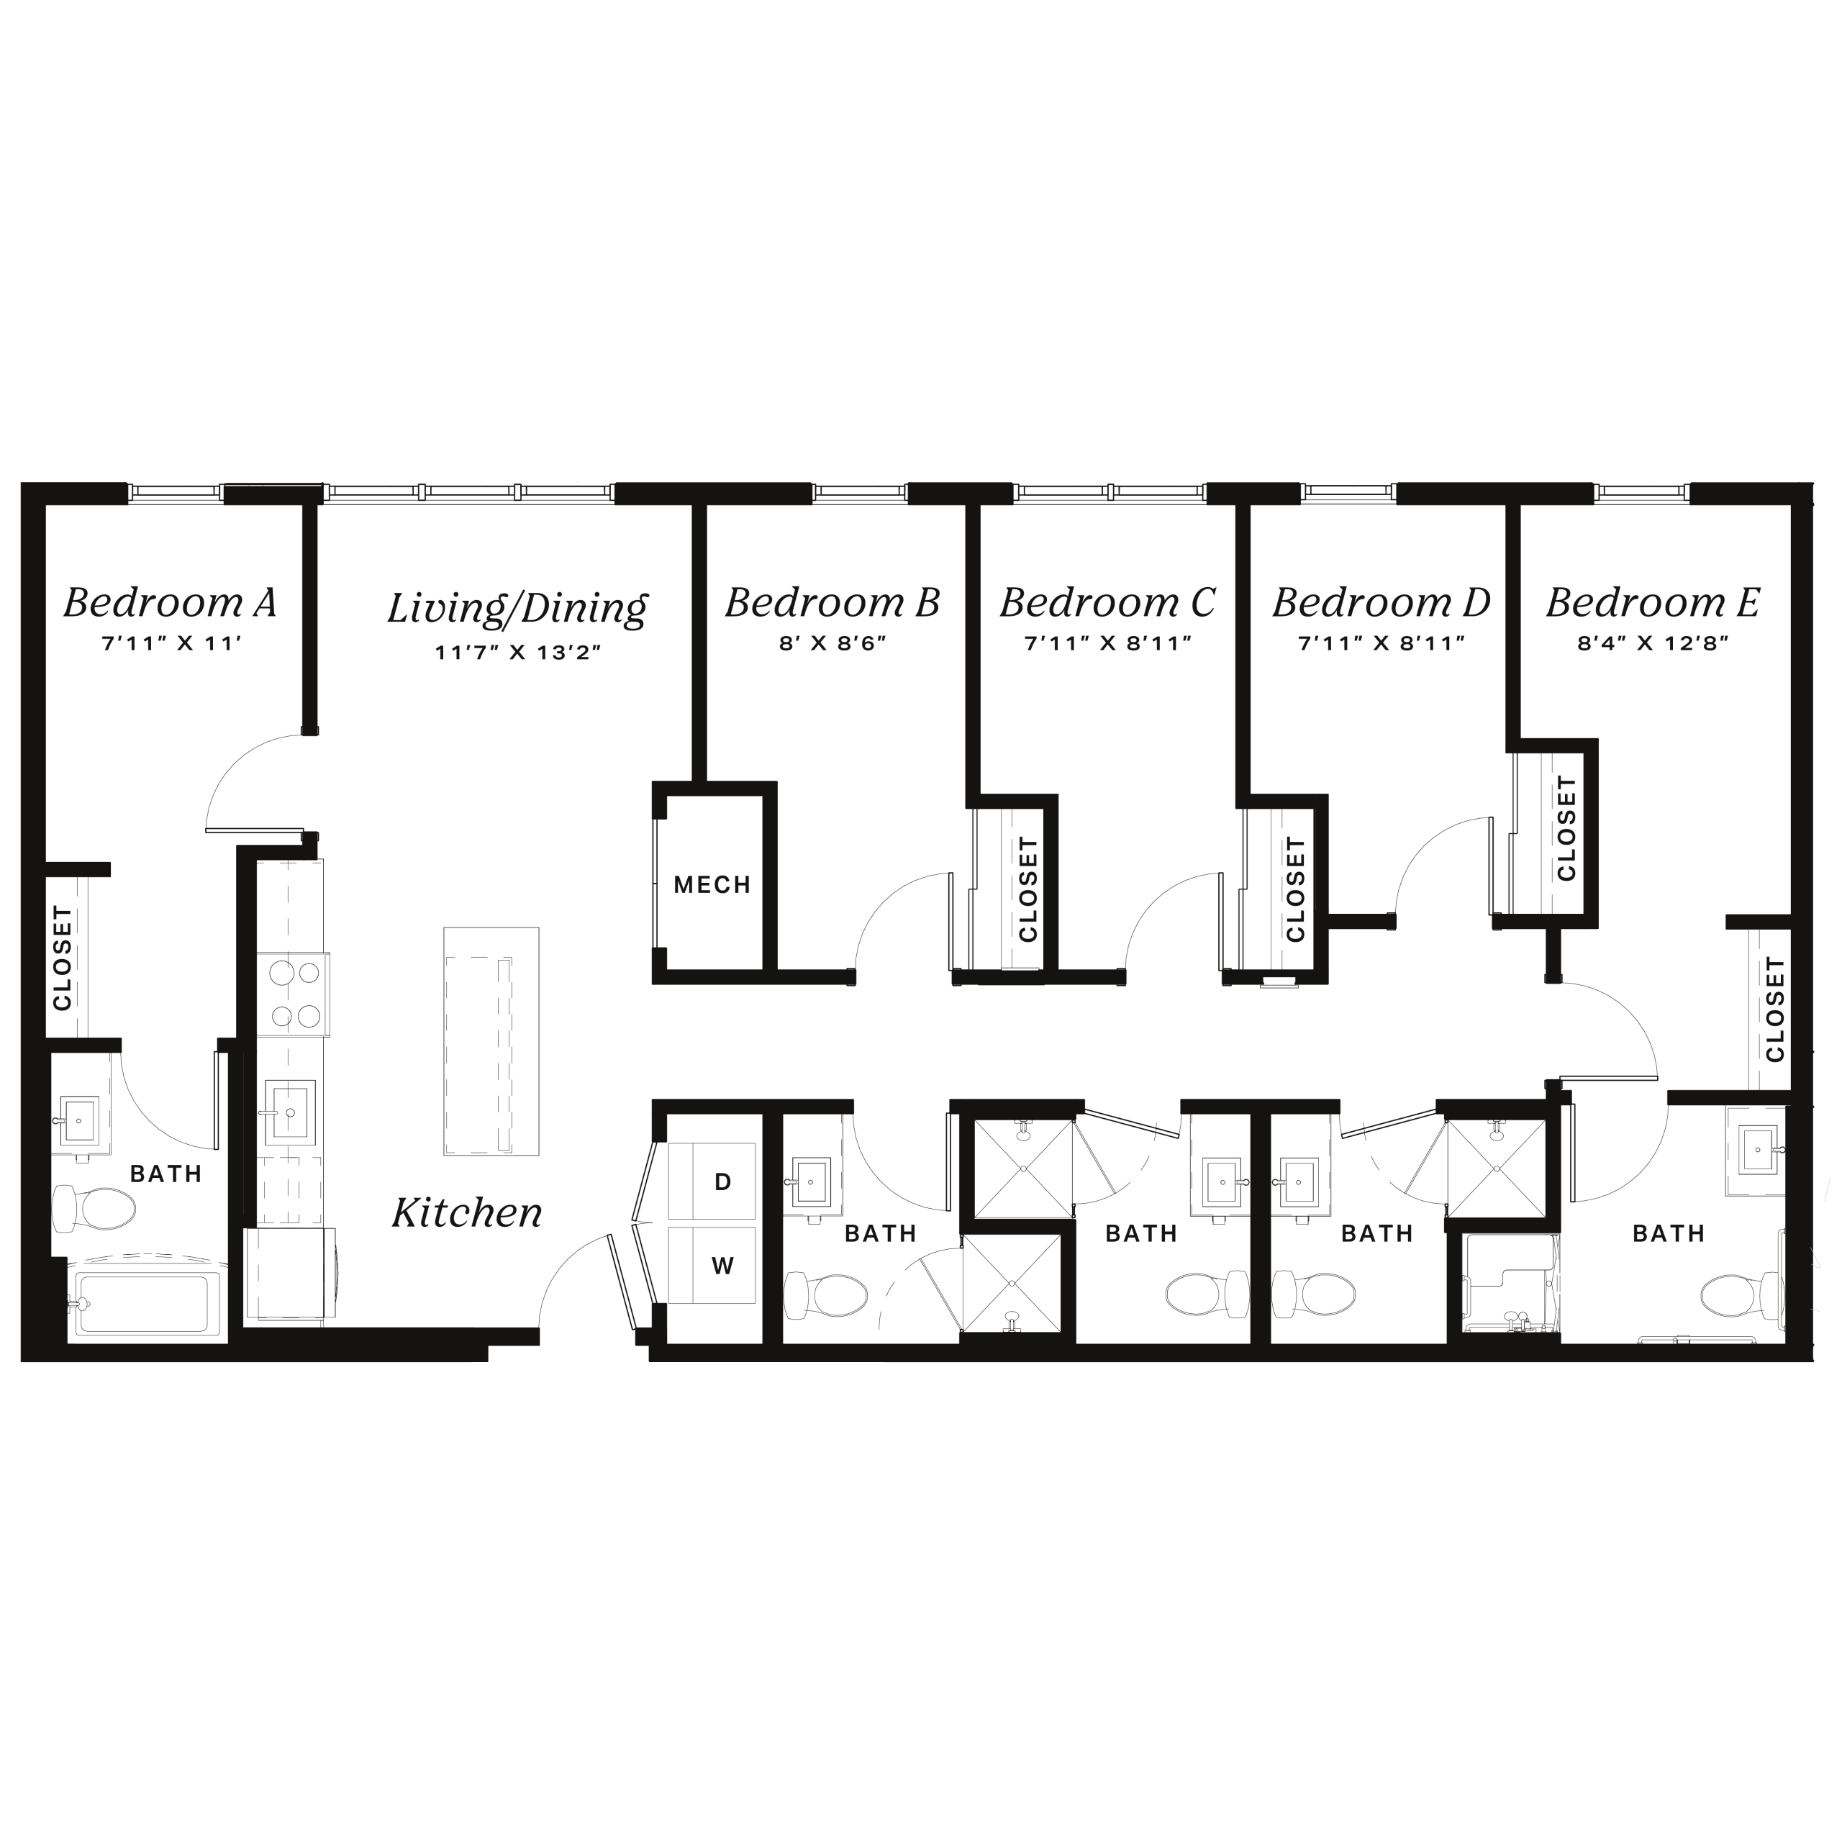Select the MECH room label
712,885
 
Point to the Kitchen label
467,1212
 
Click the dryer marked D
711,1181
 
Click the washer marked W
711,1265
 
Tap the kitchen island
491,1041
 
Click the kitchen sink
291,1112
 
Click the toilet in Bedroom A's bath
94,1209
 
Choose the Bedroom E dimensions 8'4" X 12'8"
1652,643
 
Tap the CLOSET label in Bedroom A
63,958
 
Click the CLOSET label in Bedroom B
1027,889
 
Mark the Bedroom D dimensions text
1381,643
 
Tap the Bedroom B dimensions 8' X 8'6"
832,643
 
